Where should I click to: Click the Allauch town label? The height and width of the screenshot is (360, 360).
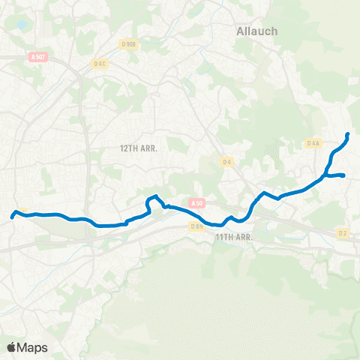(x=256, y=31)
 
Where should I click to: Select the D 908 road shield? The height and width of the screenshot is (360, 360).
(x=129, y=44)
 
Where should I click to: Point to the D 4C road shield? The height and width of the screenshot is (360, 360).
(x=100, y=64)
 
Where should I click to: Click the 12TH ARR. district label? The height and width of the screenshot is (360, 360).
(x=142, y=148)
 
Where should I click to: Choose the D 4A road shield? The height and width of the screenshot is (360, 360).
(x=313, y=143)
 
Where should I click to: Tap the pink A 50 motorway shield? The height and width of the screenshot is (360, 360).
(x=196, y=202)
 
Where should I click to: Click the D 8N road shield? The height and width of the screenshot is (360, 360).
(x=196, y=226)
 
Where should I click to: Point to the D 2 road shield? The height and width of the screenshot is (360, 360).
(x=342, y=233)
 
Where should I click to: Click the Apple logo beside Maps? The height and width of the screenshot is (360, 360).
(x=12, y=347)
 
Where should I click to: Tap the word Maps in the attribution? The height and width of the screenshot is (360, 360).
(x=33, y=347)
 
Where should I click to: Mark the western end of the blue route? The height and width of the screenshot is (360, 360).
(x=13, y=217)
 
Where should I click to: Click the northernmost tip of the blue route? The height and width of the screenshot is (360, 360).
(x=348, y=135)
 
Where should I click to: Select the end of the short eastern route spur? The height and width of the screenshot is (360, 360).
(x=343, y=175)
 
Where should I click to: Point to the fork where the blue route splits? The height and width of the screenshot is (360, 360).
(x=327, y=175)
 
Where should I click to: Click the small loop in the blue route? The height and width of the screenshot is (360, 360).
(x=154, y=200)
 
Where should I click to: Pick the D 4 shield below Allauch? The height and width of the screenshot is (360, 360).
(x=226, y=160)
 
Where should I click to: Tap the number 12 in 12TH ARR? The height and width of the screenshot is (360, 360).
(x=125, y=148)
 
